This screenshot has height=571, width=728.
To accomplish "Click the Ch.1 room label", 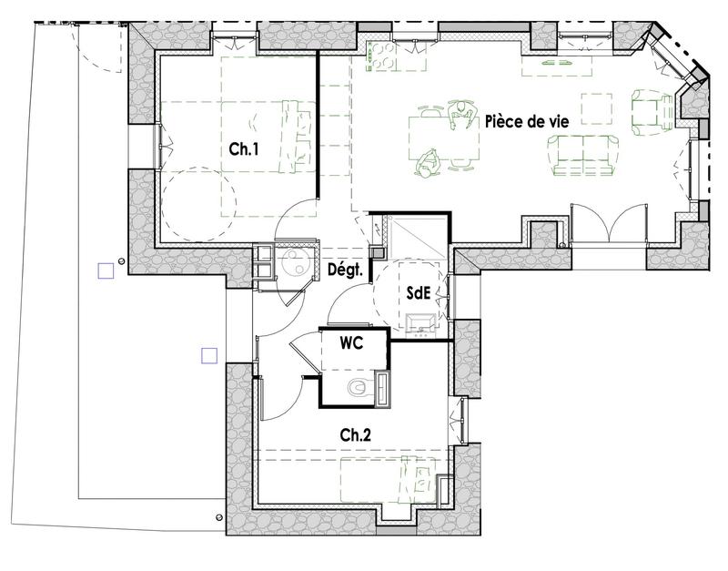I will (242, 150).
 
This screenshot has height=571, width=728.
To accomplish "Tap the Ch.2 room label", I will (355, 436).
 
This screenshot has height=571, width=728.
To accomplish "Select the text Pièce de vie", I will (527, 121).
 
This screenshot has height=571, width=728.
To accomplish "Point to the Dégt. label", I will (346, 270).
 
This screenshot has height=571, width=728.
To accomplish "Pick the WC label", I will (352, 344).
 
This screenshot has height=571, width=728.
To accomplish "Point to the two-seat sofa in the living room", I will (586, 155).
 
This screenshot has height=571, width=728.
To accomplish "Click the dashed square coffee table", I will (596, 109).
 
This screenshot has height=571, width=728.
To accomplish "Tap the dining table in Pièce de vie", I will (443, 139).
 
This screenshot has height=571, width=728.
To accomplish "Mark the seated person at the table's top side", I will (462, 113).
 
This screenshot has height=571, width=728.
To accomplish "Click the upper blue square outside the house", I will (106, 270).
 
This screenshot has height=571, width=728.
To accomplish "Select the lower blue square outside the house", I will (209, 356).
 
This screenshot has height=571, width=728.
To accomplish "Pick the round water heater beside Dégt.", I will (295, 264).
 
